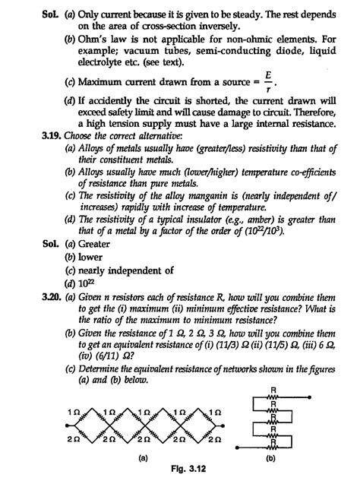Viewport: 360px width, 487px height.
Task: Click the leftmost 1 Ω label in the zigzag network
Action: [73, 410]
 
